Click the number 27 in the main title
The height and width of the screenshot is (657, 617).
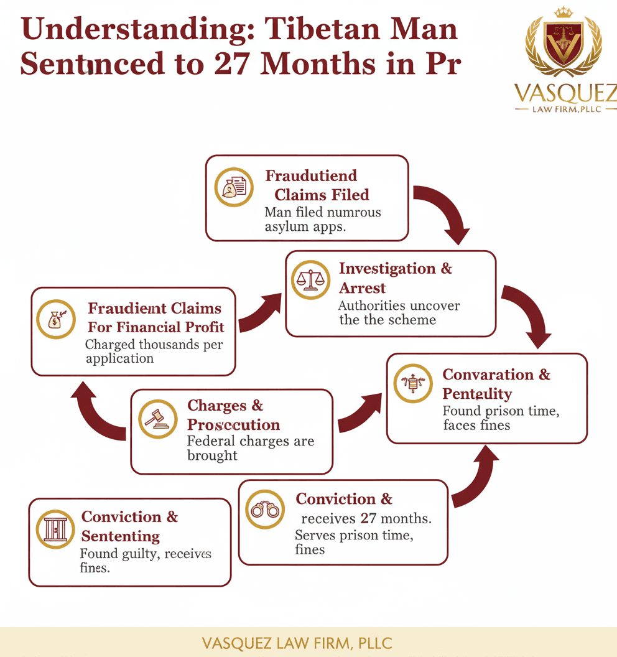tap(231, 65)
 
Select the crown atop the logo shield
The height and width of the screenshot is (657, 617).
tap(564, 12)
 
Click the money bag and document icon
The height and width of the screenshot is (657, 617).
tap(234, 187)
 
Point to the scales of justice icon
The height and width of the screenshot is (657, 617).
tap(310, 279)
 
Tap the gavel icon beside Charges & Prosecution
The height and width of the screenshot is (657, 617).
tap(158, 419)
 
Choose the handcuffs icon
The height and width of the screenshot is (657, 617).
tap(265, 509)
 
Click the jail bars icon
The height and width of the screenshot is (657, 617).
tap(55, 529)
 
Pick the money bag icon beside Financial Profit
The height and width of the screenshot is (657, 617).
tap(56, 319)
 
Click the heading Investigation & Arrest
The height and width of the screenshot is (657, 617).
tap(396, 278)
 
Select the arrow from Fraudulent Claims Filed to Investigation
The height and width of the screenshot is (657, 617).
tap(444, 212)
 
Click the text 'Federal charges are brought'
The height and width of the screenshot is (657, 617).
tap(251, 448)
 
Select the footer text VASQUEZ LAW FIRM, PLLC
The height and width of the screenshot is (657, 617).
tap(297, 643)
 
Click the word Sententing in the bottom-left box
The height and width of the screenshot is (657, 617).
tap(121, 536)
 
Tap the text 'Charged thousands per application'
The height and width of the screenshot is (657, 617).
tap(154, 351)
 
